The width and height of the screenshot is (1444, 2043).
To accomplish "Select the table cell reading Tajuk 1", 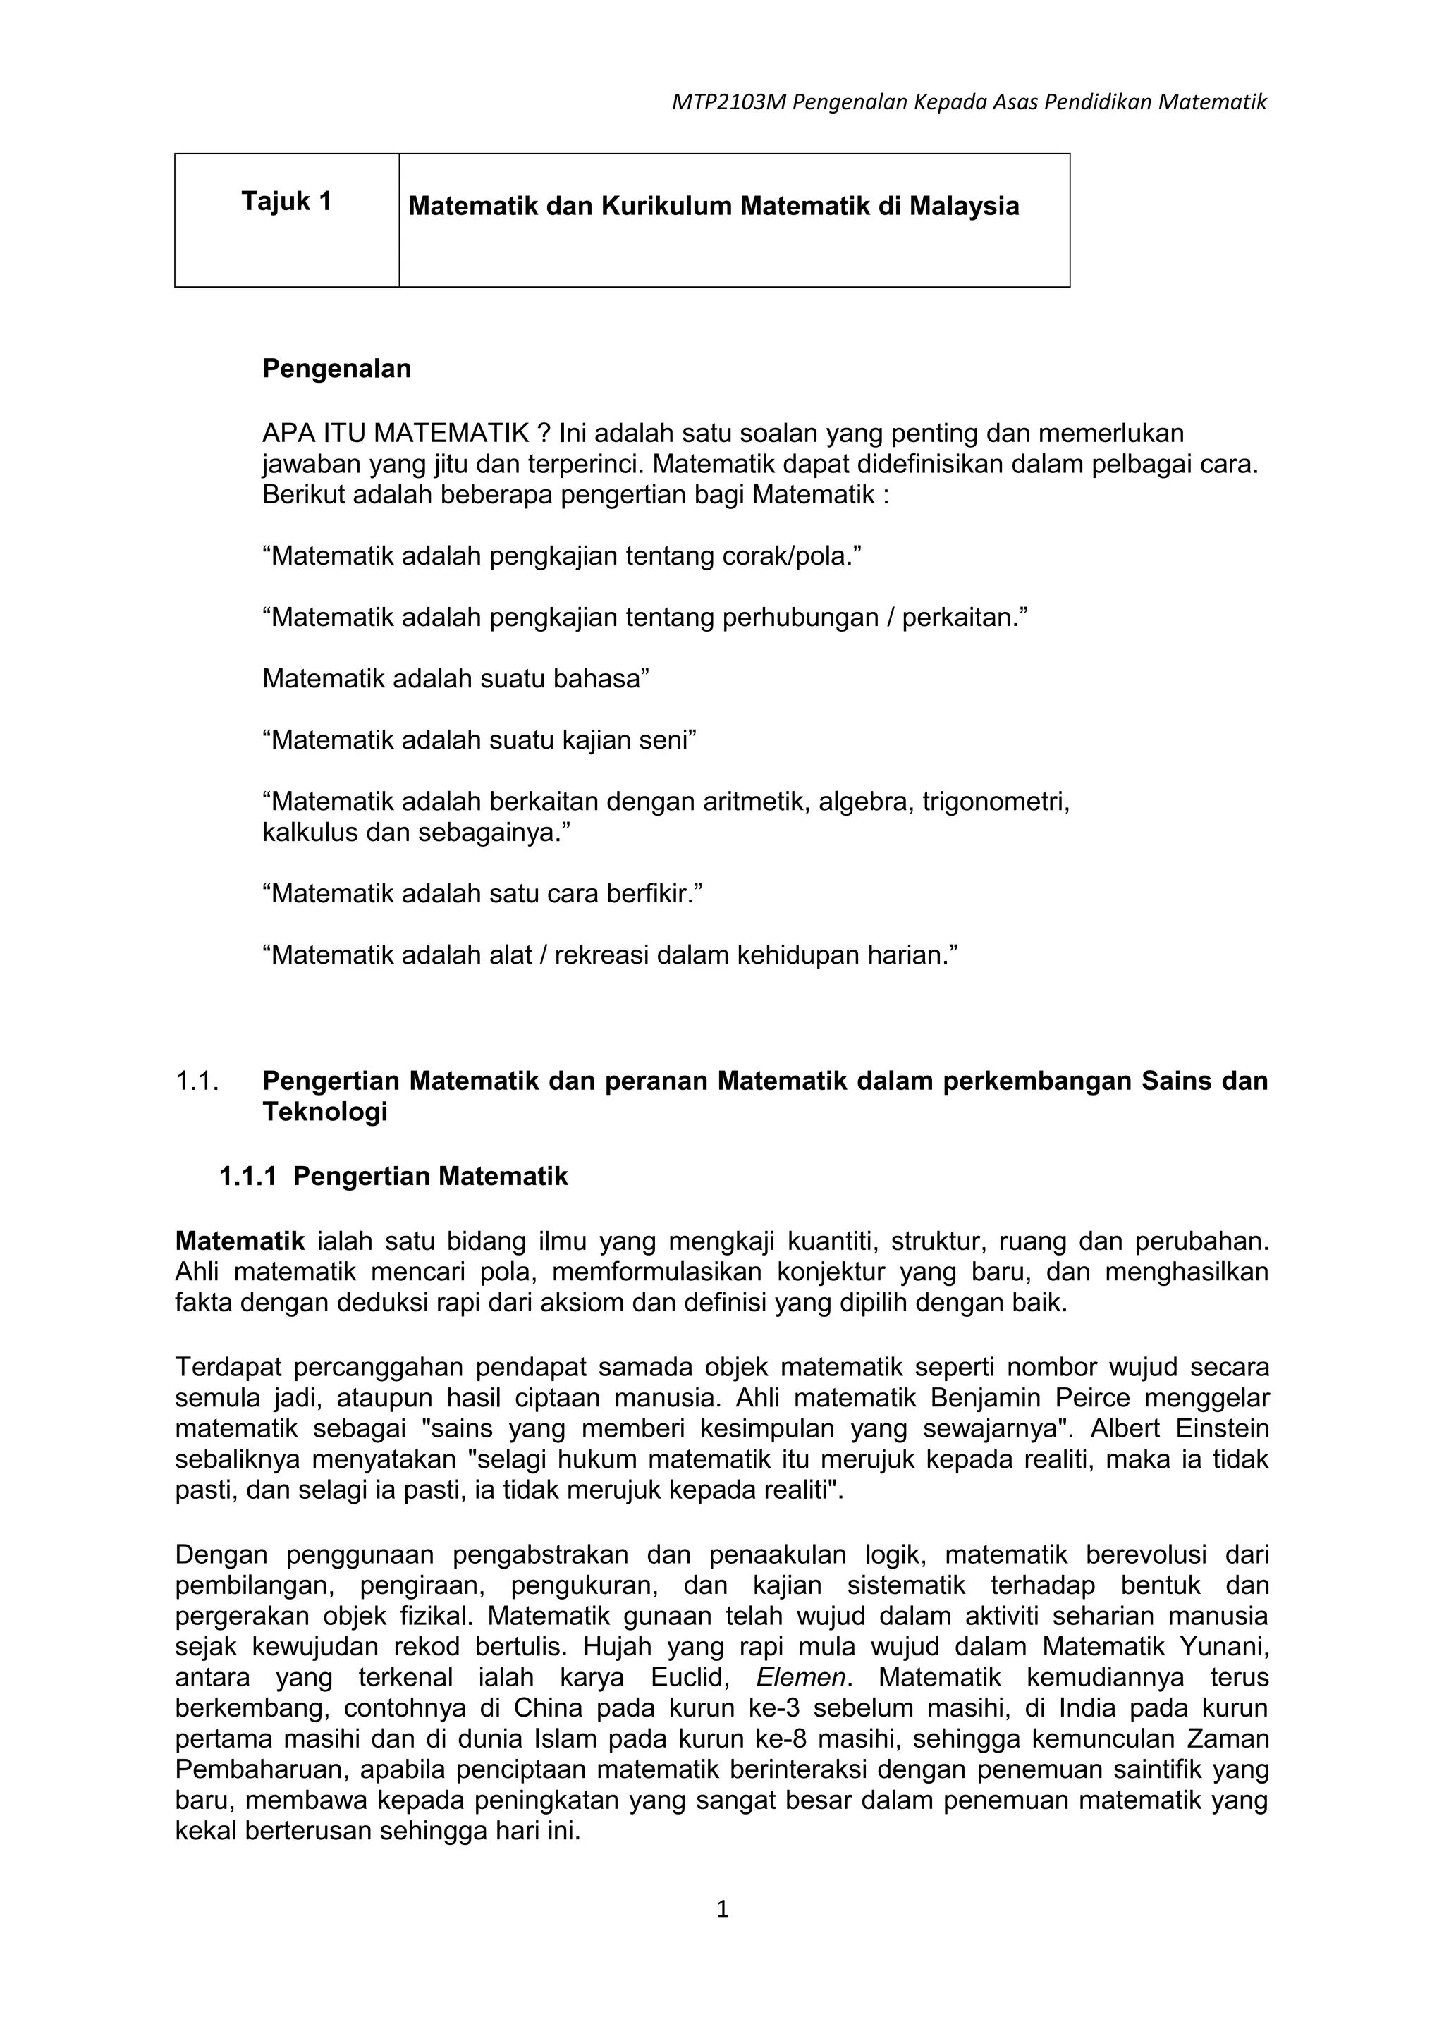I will click(x=286, y=202).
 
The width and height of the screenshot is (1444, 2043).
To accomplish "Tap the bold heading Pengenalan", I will click(x=336, y=369).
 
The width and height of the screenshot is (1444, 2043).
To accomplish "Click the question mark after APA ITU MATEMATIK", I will click(x=544, y=434).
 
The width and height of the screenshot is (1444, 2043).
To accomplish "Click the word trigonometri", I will click(x=995, y=802).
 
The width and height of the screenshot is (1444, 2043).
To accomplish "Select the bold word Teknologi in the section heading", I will click(x=325, y=1112).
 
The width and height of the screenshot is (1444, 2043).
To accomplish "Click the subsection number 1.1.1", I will click(x=248, y=1177).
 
